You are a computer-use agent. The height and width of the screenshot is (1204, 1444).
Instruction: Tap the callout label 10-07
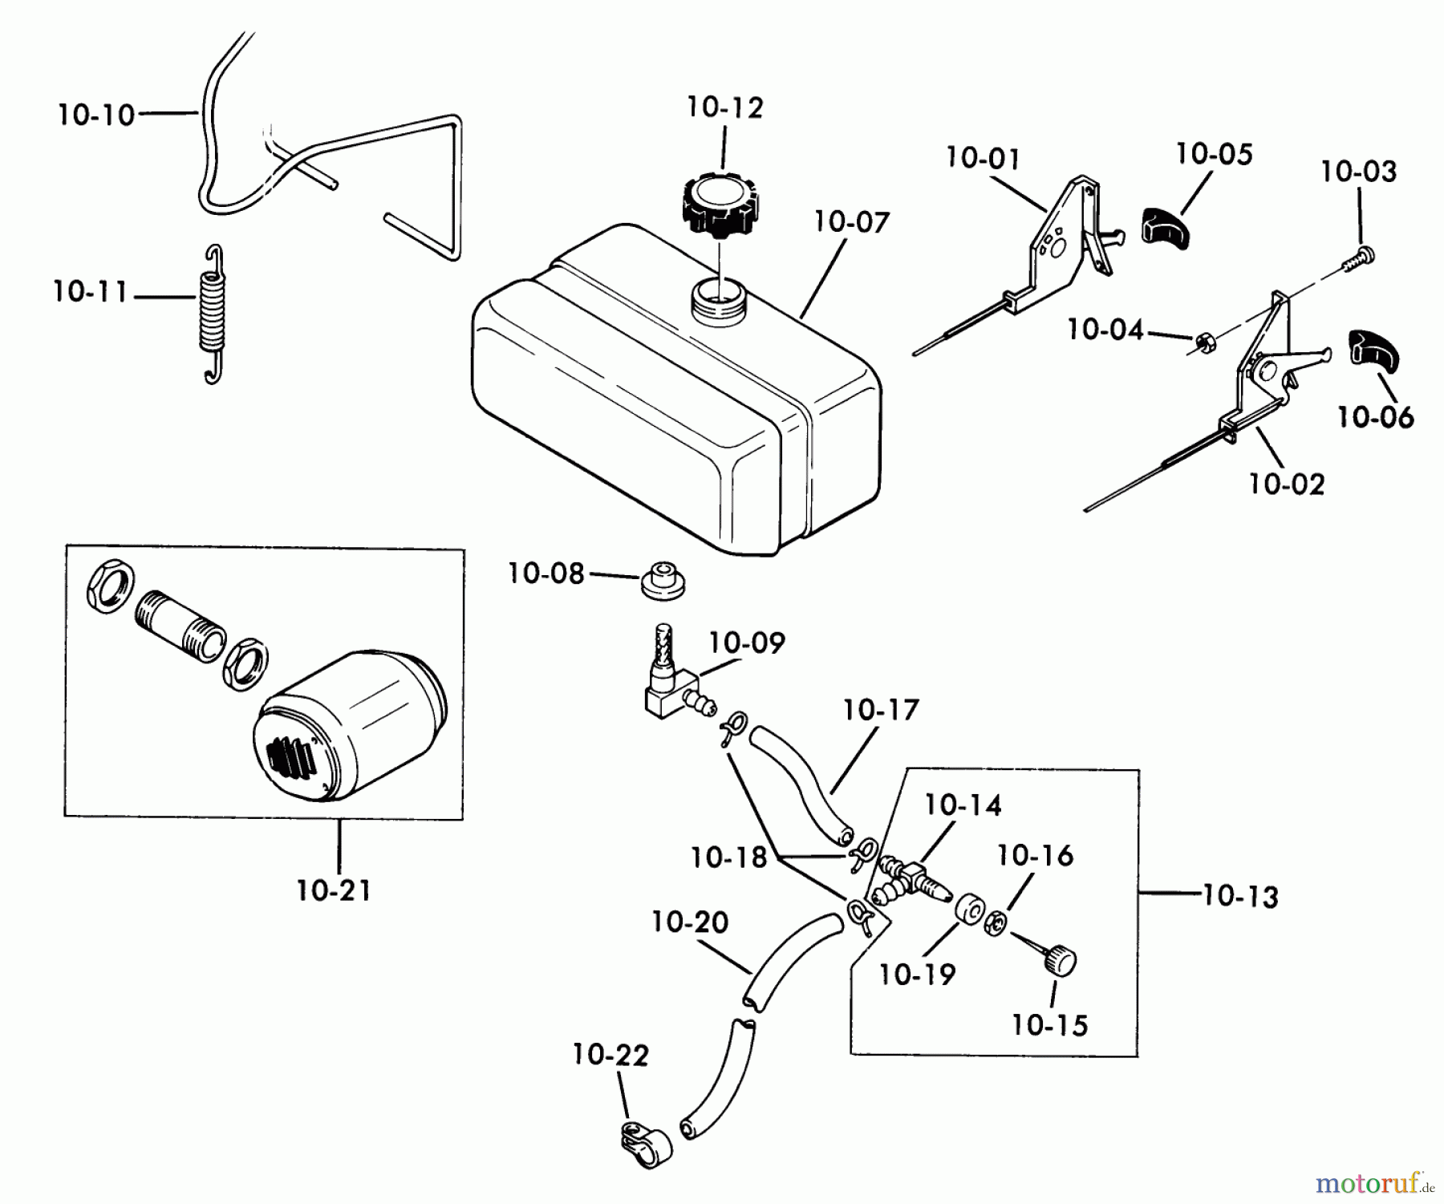(x=852, y=221)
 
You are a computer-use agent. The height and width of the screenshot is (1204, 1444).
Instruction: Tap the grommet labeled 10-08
(x=663, y=582)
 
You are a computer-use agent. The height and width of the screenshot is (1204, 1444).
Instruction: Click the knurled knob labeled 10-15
(x=1058, y=959)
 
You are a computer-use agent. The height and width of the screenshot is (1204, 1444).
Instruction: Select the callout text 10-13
(x=1240, y=896)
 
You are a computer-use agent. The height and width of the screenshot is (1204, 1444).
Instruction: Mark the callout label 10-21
(x=334, y=890)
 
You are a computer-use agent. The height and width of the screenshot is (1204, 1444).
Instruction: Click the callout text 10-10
(x=96, y=115)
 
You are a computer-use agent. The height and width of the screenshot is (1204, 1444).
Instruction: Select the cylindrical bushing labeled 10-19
(x=970, y=912)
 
